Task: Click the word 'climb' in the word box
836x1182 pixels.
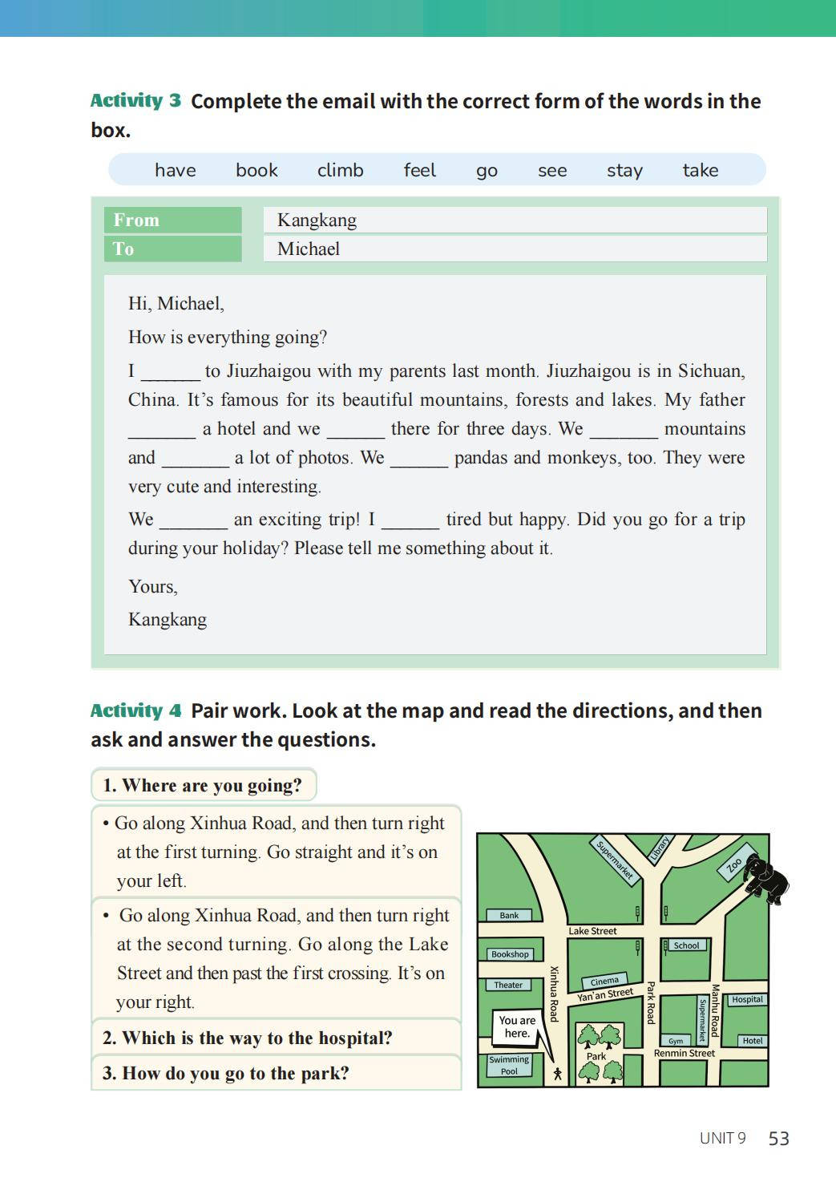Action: pyautogui.click(x=340, y=170)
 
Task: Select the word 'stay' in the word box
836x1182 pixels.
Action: pyautogui.click(x=624, y=170)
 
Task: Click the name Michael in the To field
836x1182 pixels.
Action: pyautogui.click(x=309, y=249)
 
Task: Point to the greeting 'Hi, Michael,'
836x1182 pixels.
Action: pyautogui.click(x=176, y=303)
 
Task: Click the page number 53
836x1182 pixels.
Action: pyautogui.click(x=778, y=1139)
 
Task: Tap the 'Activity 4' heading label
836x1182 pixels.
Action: pyautogui.click(x=135, y=710)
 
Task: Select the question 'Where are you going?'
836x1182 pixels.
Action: pyautogui.click(x=203, y=785)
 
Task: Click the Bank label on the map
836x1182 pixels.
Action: pyautogui.click(x=509, y=915)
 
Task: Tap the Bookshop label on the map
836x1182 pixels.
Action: pyautogui.click(x=510, y=954)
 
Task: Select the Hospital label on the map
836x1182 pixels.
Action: pyautogui.click(x=747, y=999)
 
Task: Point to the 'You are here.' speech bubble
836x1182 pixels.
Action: pyautogui.click(x=517, y=1026)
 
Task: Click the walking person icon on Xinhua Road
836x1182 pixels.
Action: pyautogui.click(x=558, y=1073)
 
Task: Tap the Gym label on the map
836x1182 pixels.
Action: pyautogui.click(x=676, y=1041)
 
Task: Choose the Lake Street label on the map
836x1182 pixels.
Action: pyautogui.click(x=592, y=931)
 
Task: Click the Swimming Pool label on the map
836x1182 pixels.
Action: pyautogui.click(x=509, y=1065)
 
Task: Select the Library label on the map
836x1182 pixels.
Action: pyautogui.click(x=660, y=850)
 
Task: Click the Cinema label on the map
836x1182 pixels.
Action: pyautogui.click(x=604, y=981)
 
